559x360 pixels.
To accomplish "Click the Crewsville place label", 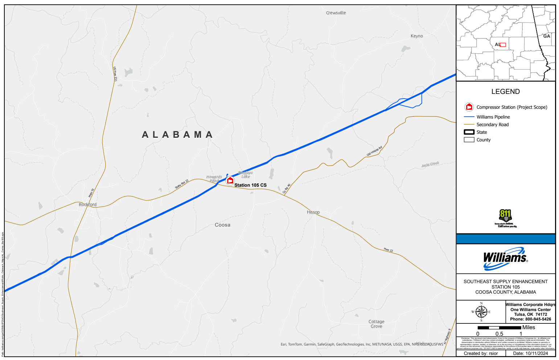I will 336,13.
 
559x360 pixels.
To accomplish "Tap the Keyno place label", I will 416,36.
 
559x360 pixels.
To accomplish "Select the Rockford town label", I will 87,204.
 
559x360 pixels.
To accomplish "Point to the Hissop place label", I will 313,212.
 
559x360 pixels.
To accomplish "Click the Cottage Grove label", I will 376,324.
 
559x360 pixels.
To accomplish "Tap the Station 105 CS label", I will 250,185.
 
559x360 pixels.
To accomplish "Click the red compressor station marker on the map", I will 230,180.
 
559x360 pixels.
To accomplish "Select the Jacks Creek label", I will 430,165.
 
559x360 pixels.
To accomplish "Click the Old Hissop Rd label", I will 374,151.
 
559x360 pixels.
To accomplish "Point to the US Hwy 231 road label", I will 115,74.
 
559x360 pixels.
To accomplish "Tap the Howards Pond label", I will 214,179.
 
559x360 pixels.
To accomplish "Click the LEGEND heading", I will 505,92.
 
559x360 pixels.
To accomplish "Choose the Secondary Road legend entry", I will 492,125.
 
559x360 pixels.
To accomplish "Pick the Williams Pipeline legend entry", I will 493,117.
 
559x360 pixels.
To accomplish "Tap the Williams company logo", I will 505,258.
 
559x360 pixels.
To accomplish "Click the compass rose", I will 481,312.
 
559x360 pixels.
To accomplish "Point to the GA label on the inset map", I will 546,36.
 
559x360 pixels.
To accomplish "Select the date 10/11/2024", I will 536,353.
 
